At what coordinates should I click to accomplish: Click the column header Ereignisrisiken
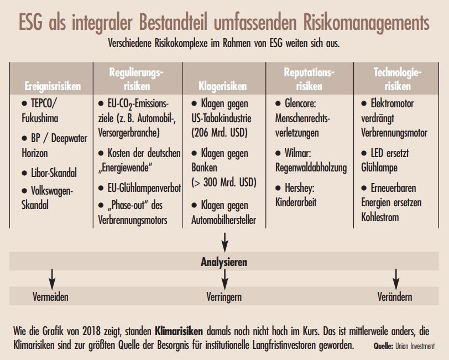click(53, 86)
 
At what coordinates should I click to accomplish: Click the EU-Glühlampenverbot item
click(139, 187)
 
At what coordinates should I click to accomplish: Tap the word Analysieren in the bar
click(223, 262)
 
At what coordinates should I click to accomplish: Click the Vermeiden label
click(50, 297)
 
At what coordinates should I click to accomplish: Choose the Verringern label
click(223, 297)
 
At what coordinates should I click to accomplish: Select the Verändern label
click(394, 297)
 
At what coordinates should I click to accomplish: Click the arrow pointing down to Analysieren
click(224, 241)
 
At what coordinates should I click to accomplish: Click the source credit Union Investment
click(415, 346)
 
